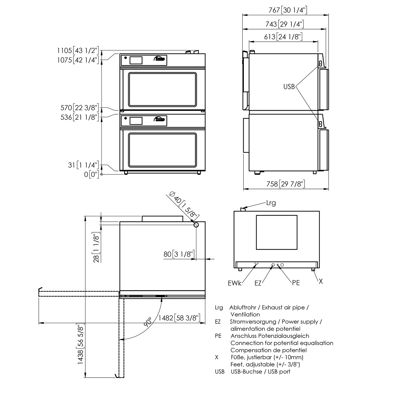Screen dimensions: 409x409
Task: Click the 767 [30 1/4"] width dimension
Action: pyautogui.click(x=285, y=10)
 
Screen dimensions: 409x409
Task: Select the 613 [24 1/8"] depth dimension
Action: pyautogui.click(x=283, y=37)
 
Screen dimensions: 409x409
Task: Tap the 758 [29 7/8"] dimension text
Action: pyautogui.click(x=285, y=184)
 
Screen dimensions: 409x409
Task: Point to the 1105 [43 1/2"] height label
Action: pyautogui.click(x=78, y=50)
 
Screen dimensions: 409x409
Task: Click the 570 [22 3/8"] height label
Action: pyautogui.click(x=79, y=108)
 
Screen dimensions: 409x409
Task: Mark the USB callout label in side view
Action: pyautogui.click(x=289, y=87)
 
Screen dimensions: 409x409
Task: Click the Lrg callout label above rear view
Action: pyautogui.click(x=271, y=203)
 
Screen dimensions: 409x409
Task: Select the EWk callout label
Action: pyautogui.click(x=235, y=283)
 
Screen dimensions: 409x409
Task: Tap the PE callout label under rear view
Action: pyautogui.click(x=296, y=283)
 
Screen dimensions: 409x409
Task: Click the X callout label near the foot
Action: pyautogui.click(x=321, y=281)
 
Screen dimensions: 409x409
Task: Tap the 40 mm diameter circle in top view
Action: pyautogui.click(x=196, y=225)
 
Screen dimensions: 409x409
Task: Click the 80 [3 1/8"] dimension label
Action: pyautogui.click(x=179, y=254)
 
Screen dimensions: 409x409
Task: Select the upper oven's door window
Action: pyautogui.click(x=163, y=89)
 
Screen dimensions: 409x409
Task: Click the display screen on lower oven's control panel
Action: pyautogui.click(x=136, y=121)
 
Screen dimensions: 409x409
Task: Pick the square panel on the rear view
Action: pyautogui.click(x=276, y=232)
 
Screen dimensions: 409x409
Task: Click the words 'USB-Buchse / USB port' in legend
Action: pyautogui.click(x=260, y=371)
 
